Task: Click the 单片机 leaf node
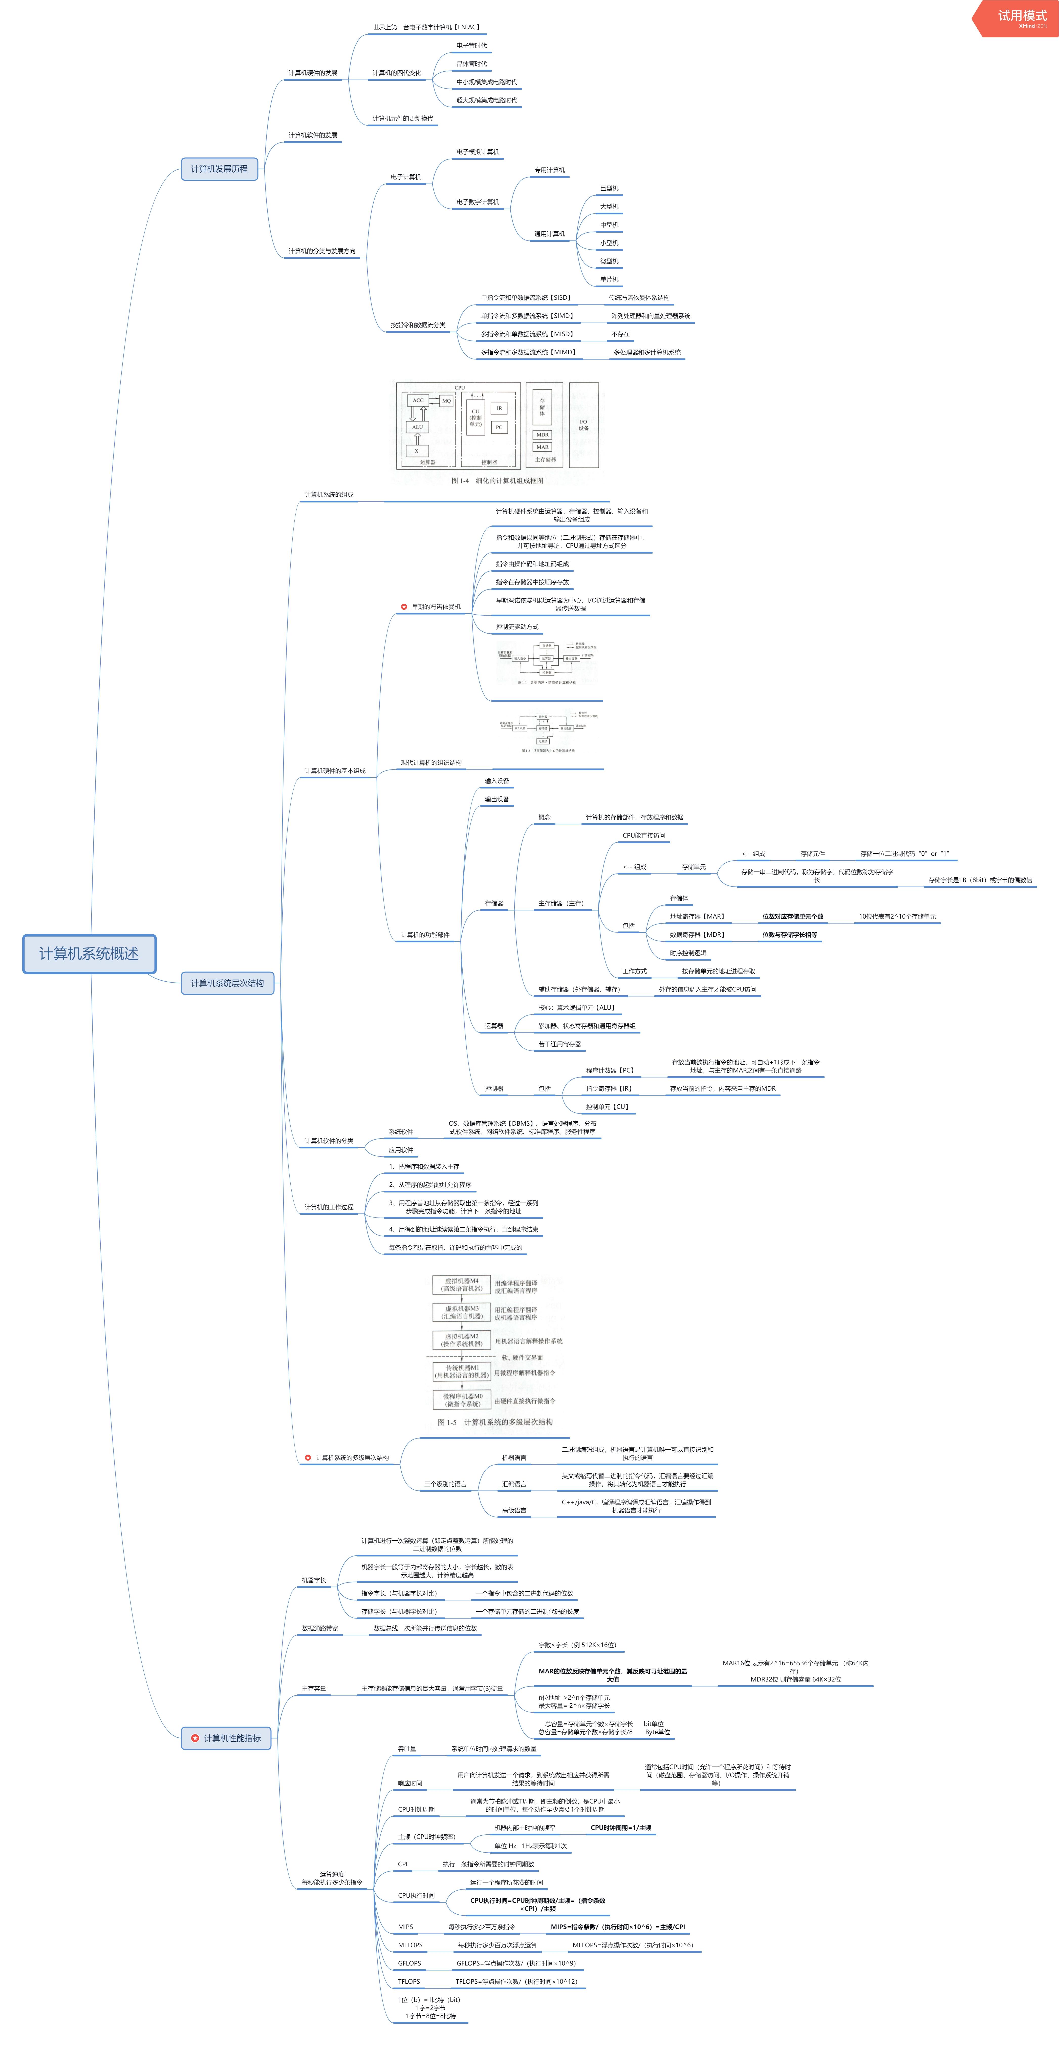coord(609,280)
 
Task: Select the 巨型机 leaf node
coord(609,188)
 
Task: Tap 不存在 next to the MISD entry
coord(620,334)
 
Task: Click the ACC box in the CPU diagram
coord(418,400)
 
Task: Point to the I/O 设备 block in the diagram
coord(583,425)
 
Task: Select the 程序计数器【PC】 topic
coord(610,1071)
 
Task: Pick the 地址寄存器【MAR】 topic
coord(697,917)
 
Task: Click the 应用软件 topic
coord(401,1150)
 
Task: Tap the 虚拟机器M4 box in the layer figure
coord(461,1284)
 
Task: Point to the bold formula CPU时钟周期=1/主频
coord(621,1828)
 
